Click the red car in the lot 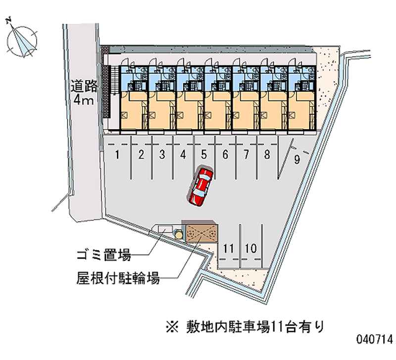tap(200, 186)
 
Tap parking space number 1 tap(117, 154)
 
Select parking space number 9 tap(297, 159)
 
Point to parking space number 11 tap(228, 249)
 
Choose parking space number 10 tap(250, 249)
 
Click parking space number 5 tap(204, 154)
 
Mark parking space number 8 tap(267, 154)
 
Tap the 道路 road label tap(84, 86)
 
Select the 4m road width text tap(84, 101)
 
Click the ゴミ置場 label tap(103, 255)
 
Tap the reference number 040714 tap(375, 339)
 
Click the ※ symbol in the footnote tap(172, 327)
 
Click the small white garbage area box tap(165, 229)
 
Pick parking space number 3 tap(162, 154)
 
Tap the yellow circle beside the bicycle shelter tap(179, 235)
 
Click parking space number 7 tap(246, 154)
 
